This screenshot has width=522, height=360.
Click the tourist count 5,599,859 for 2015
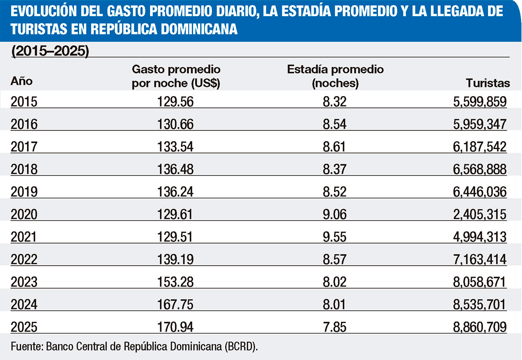click(x=480, y=102)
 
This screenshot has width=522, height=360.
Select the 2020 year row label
click(x=24, y=214)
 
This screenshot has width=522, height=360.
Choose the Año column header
click(x=22, y=81)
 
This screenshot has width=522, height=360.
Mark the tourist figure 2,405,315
click(x=480, y=214)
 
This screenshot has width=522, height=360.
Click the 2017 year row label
click(x=24, y=147)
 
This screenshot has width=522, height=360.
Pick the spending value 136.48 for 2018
click(x=176, y=170)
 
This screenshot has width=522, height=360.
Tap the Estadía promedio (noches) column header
click(x=335, y=76)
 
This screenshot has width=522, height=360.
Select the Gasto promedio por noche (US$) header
click(x=176, y=76)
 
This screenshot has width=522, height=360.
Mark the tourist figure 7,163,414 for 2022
click(x=480, y=260)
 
